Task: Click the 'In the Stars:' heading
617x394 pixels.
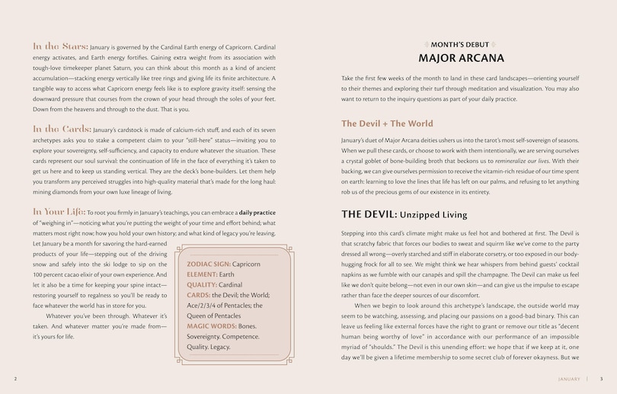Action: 61,46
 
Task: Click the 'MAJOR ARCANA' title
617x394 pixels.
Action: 461,58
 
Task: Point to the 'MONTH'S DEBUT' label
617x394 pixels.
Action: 462,44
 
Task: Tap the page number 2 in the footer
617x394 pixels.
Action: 15,379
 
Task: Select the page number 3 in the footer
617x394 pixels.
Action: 601,379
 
